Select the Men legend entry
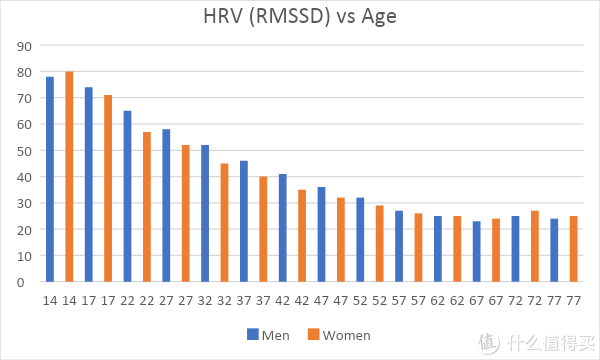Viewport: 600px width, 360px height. point(267,335)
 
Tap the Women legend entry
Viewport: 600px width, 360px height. point(337,335)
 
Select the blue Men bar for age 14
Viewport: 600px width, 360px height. point(50,180)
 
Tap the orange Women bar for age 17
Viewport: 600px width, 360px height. point(108,189)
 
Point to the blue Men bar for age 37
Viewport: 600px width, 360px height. point(244,221)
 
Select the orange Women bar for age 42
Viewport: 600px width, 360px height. point(302,236)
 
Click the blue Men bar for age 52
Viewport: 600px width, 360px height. point(360,240)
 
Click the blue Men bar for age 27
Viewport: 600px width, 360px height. point(166,206)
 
